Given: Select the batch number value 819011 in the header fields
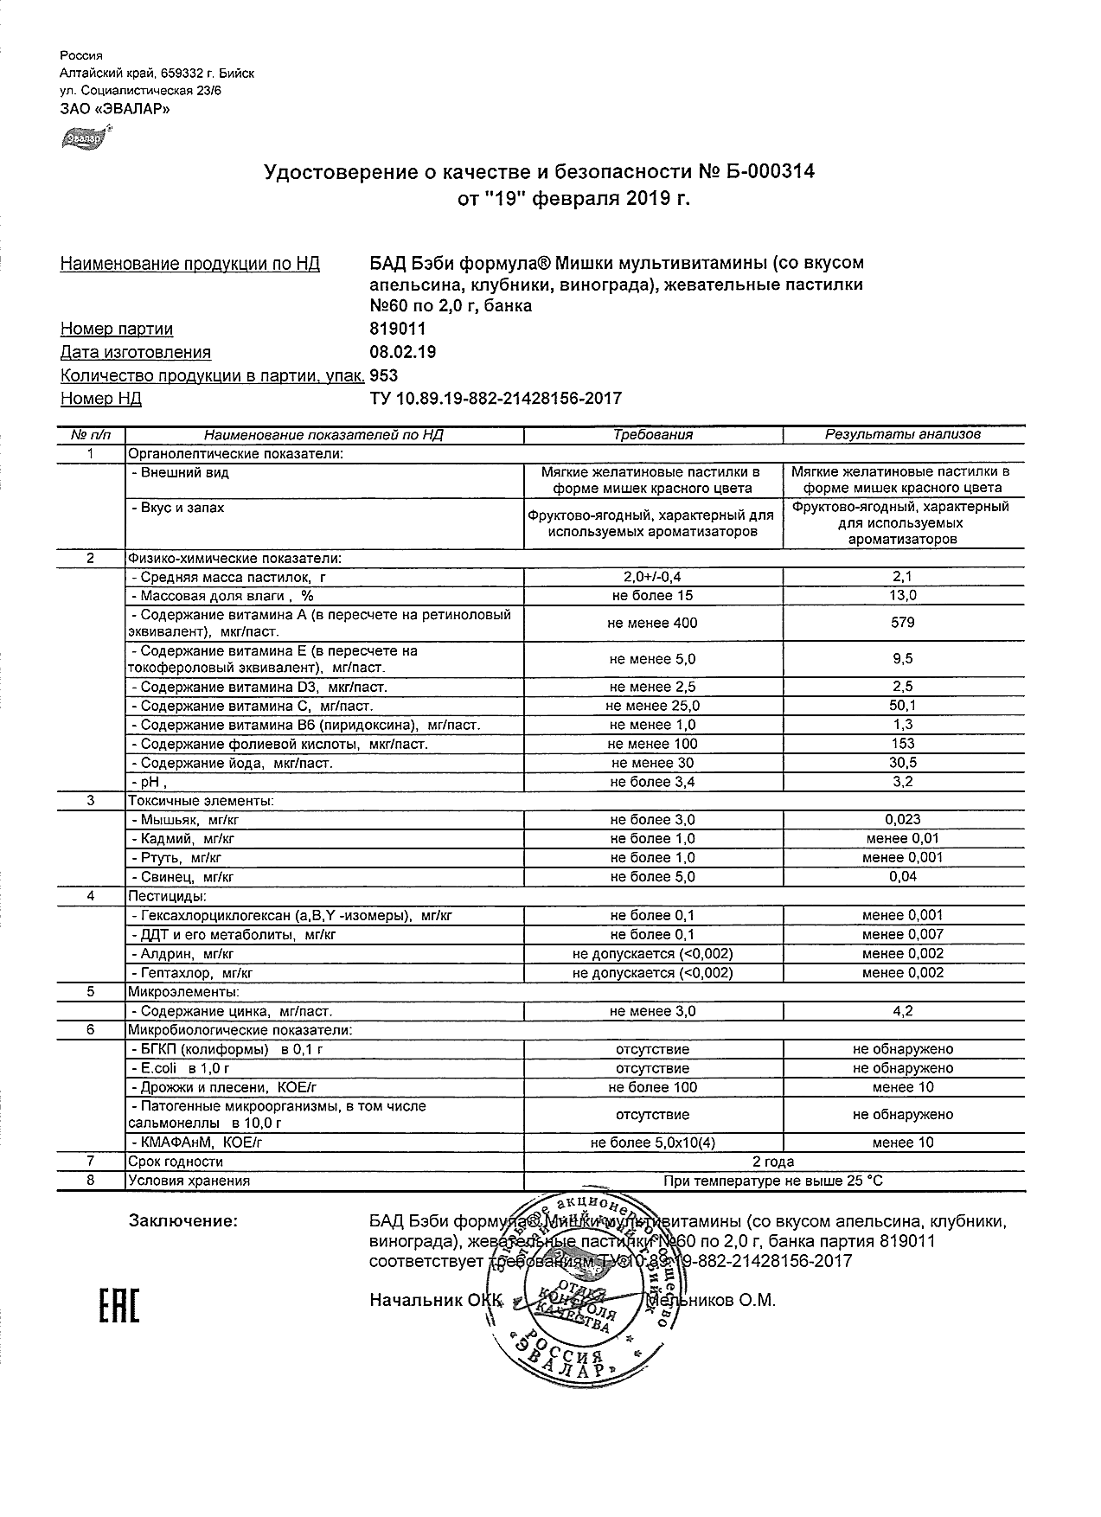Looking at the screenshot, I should (398, 329).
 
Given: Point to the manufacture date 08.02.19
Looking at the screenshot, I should (403, 352).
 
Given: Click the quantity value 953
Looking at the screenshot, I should (384, 375).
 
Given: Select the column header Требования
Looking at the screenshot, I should (653, 435).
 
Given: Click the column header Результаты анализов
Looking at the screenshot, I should (903, 435).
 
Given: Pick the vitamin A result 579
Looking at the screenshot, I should (903, 623).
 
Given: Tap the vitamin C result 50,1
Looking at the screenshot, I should (903, 706).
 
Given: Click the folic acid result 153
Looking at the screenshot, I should (903, 744).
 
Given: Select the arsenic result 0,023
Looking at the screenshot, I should (903, 819).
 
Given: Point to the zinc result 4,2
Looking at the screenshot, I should (903, 1011).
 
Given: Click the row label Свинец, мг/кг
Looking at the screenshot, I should (182, 877).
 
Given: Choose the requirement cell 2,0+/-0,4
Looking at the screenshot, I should (653, 576).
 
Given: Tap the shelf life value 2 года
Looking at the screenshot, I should (773, 1162).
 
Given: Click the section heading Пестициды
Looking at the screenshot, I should (167, 896).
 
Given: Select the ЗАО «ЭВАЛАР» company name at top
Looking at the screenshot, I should (114, 109).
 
